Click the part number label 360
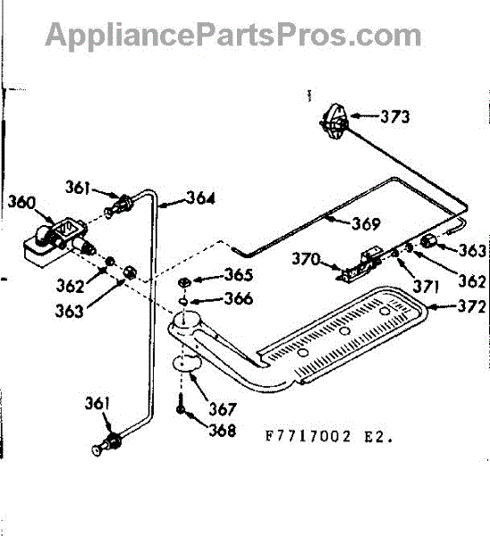21,202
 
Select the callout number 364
200,198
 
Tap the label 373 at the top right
395,116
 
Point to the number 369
366,223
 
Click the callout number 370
306,259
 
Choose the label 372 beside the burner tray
471,306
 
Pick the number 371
426,287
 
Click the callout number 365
238,275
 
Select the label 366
238,298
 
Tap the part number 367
223,409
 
